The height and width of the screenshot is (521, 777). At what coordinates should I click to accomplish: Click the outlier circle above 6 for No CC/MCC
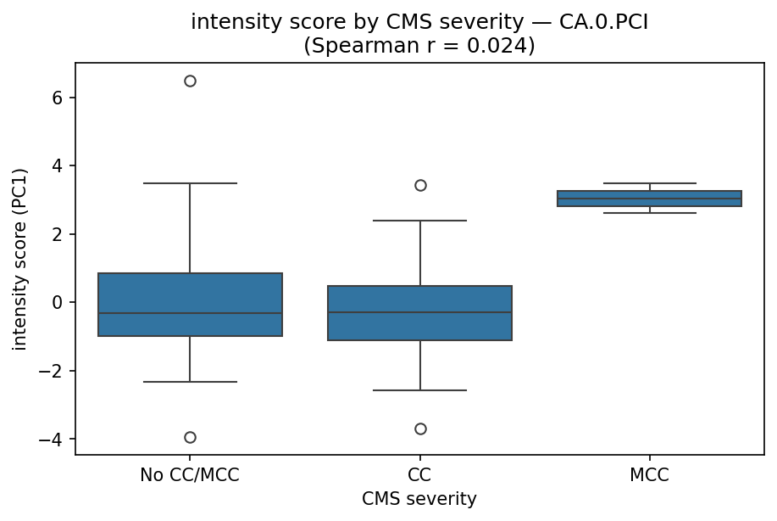pyautogui.click(x=190, y=81)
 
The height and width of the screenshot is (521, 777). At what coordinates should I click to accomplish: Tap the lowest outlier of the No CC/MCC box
pyautogui.click(x=190, y=437)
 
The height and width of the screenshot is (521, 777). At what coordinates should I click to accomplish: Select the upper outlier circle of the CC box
pyautogui.click(x=420, y=185)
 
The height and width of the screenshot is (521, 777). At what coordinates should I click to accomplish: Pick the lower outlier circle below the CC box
pyautogui.click(x=420, y=429)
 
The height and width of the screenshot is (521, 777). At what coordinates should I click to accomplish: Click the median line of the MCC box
pyautogui.click(x=650, y=199)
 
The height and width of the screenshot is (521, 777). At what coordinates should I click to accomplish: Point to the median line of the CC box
pyautogui.click(x=420, y=312)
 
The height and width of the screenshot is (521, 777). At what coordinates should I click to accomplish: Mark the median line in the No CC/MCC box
pyautogui.click(x=190, y=313)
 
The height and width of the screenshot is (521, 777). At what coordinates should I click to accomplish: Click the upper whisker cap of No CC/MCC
pyautogui.click(x=190, y=183)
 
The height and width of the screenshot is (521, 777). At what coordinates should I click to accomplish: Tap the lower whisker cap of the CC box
pyautogui.click(x=420, y=390)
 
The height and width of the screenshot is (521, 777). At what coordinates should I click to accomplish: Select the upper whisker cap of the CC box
pyautogui.click(x=420, y=221)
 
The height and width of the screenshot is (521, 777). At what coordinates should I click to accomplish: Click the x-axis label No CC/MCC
pyautogui.click(x=190, y=475)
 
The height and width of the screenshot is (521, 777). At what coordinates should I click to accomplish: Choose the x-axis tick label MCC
pyautogui.click(x=650, y=475)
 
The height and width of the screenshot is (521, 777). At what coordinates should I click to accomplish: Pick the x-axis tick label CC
pyautogui.click(x=420, y=475)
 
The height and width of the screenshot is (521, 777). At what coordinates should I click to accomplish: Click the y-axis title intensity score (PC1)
pyautogui.click(x=20, y=259)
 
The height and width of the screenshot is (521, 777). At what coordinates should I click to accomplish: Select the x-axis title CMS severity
pyautogui.click(x=419, y=500)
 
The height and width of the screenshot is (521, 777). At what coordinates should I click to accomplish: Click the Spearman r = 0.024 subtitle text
pyautogui.click(x=419, y=45)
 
